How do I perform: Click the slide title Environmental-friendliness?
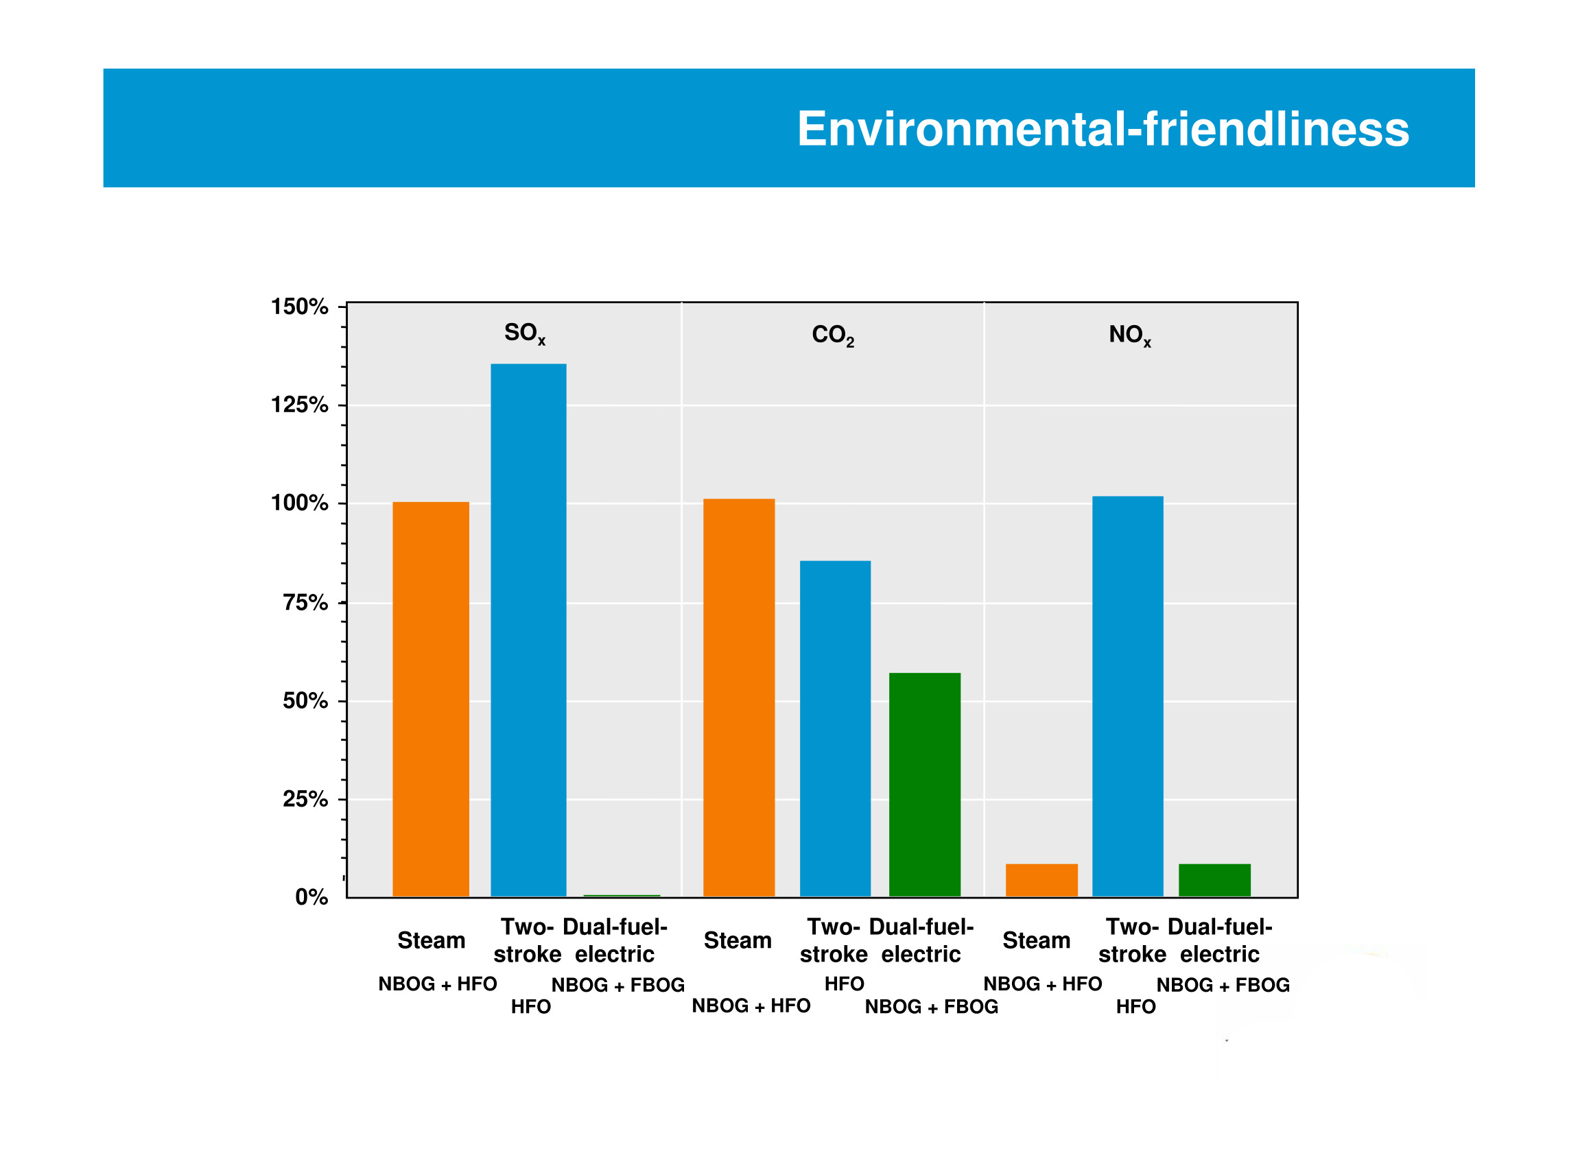(x=1102, y=129)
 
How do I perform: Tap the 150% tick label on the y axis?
(x=299, y=307)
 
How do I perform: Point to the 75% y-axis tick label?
(x=305, y=603)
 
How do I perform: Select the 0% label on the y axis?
(x=311, y=898)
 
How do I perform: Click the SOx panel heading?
(x=525, y=333)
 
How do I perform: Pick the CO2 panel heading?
(x=832, y=335)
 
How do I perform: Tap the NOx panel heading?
(x=1129, y=335)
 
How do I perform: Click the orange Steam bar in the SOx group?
(x=431, y=699)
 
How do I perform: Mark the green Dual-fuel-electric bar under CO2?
(x=924, y=784)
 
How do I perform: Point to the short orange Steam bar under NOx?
(x=1041, y=880)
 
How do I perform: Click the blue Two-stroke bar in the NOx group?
(x=1127, y=696)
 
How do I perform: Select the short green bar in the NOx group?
(x=1214, y=880)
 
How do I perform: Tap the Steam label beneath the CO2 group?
(x=737, y=941)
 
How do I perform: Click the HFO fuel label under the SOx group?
(x=530, y=1006)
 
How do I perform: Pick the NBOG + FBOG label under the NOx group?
(x=1222, y=986)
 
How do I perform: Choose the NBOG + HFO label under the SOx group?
(x=437, y=984)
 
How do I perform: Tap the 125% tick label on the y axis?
(x=299, y=405)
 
